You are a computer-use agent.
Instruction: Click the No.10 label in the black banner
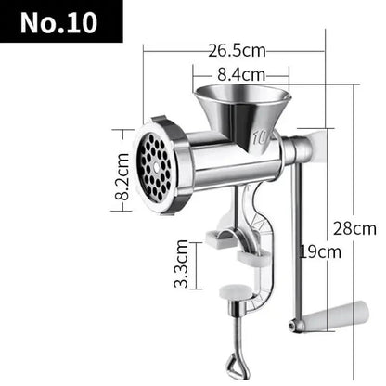coord(62,21)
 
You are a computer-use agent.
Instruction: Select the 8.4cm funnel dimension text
coord(241,73)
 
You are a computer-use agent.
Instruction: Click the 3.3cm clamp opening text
coord(184,264)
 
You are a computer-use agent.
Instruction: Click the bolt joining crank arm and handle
coord(295,325)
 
